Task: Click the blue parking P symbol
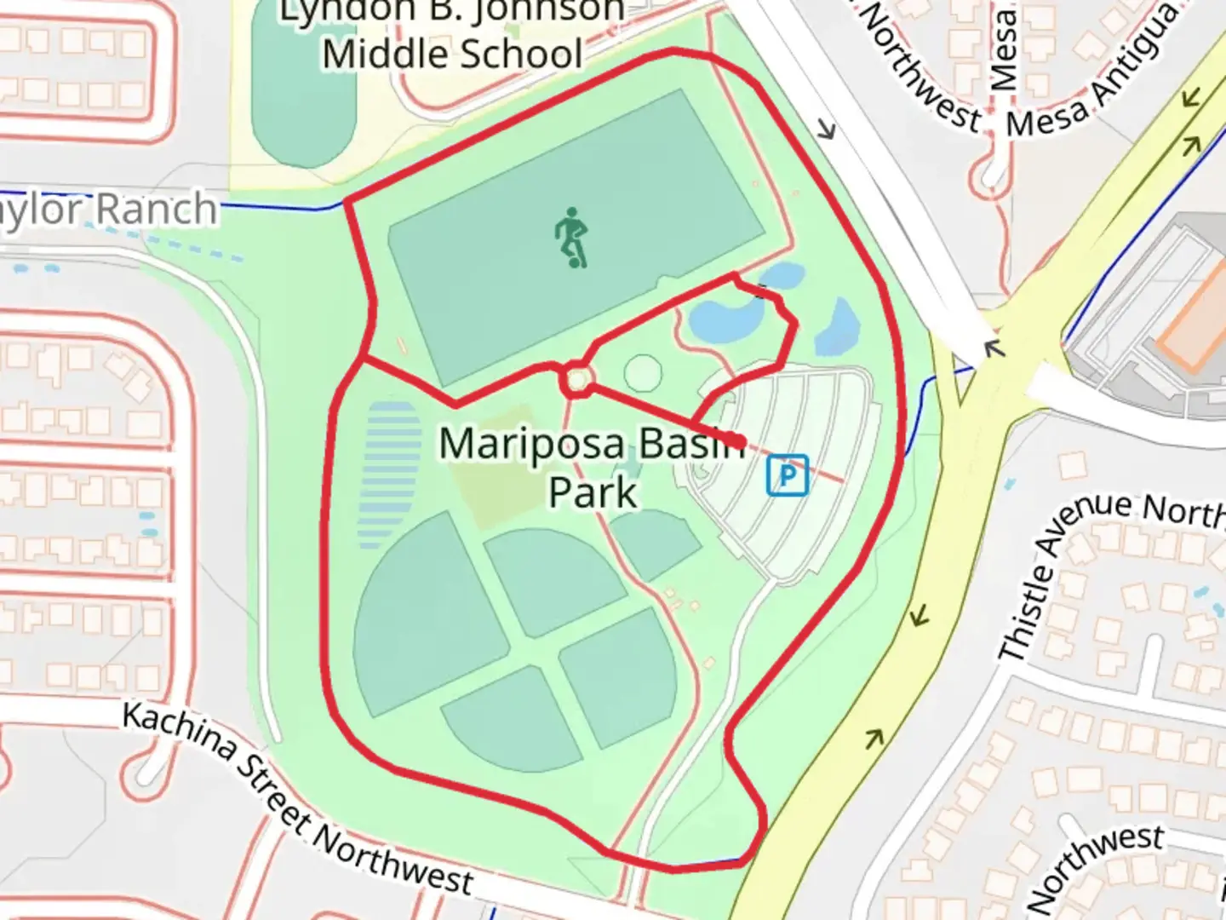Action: (788, 475)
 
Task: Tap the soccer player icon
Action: (571, 238)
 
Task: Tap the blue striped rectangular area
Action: (390, 474)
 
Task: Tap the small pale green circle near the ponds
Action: (643, 373)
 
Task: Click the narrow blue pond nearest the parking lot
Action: (838, 327)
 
